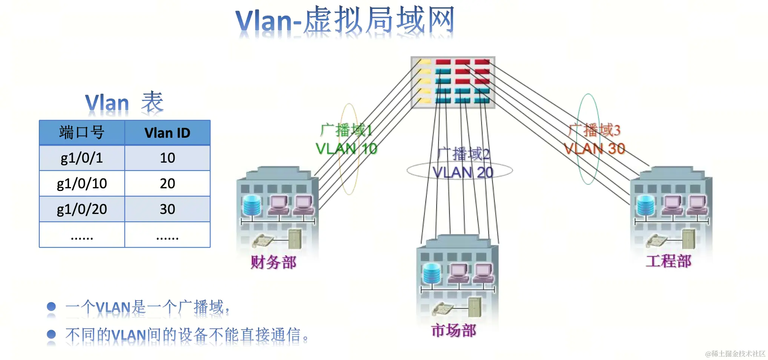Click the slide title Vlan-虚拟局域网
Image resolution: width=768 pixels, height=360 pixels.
[344, 21]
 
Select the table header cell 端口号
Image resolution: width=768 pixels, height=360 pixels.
[82, 133]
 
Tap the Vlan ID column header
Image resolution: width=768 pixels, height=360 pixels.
[167, 133]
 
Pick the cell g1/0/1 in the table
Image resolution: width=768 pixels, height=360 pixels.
[82, 158]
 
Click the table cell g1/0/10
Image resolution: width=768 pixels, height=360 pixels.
[82, 183]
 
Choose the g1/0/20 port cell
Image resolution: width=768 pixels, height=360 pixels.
[82, 209]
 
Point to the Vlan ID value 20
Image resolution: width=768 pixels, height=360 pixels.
[167, 183]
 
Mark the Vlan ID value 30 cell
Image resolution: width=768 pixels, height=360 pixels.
[167, 209]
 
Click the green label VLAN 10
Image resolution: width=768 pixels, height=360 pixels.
[346, 149]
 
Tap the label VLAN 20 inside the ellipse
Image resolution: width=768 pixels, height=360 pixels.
[462, 172]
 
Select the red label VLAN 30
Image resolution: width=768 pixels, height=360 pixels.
[594, 149]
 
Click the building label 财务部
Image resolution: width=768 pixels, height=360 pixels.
[273, 262]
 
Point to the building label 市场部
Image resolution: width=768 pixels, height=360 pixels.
[454, 330]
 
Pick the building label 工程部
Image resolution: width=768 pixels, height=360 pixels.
[668, 261]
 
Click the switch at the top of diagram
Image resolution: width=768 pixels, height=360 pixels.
[453, 82]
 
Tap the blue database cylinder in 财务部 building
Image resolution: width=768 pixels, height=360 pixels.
[252, 205]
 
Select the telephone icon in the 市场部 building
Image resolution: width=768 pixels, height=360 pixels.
[442, 308]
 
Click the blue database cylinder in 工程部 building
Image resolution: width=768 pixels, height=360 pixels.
[645, 205]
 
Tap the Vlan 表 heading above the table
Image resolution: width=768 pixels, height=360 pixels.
[124, 102]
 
